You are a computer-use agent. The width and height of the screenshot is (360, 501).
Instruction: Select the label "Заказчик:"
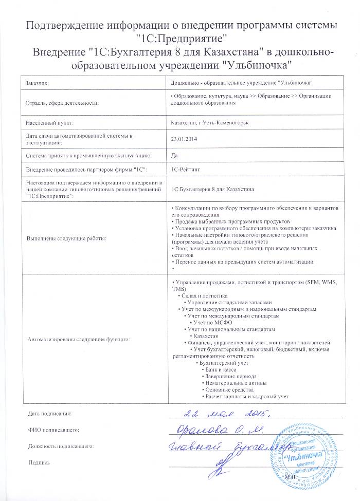[38, 83]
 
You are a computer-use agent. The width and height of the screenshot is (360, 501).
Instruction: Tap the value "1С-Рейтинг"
[185, 169]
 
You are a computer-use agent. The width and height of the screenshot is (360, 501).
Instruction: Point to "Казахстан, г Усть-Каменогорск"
[210, 123]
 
